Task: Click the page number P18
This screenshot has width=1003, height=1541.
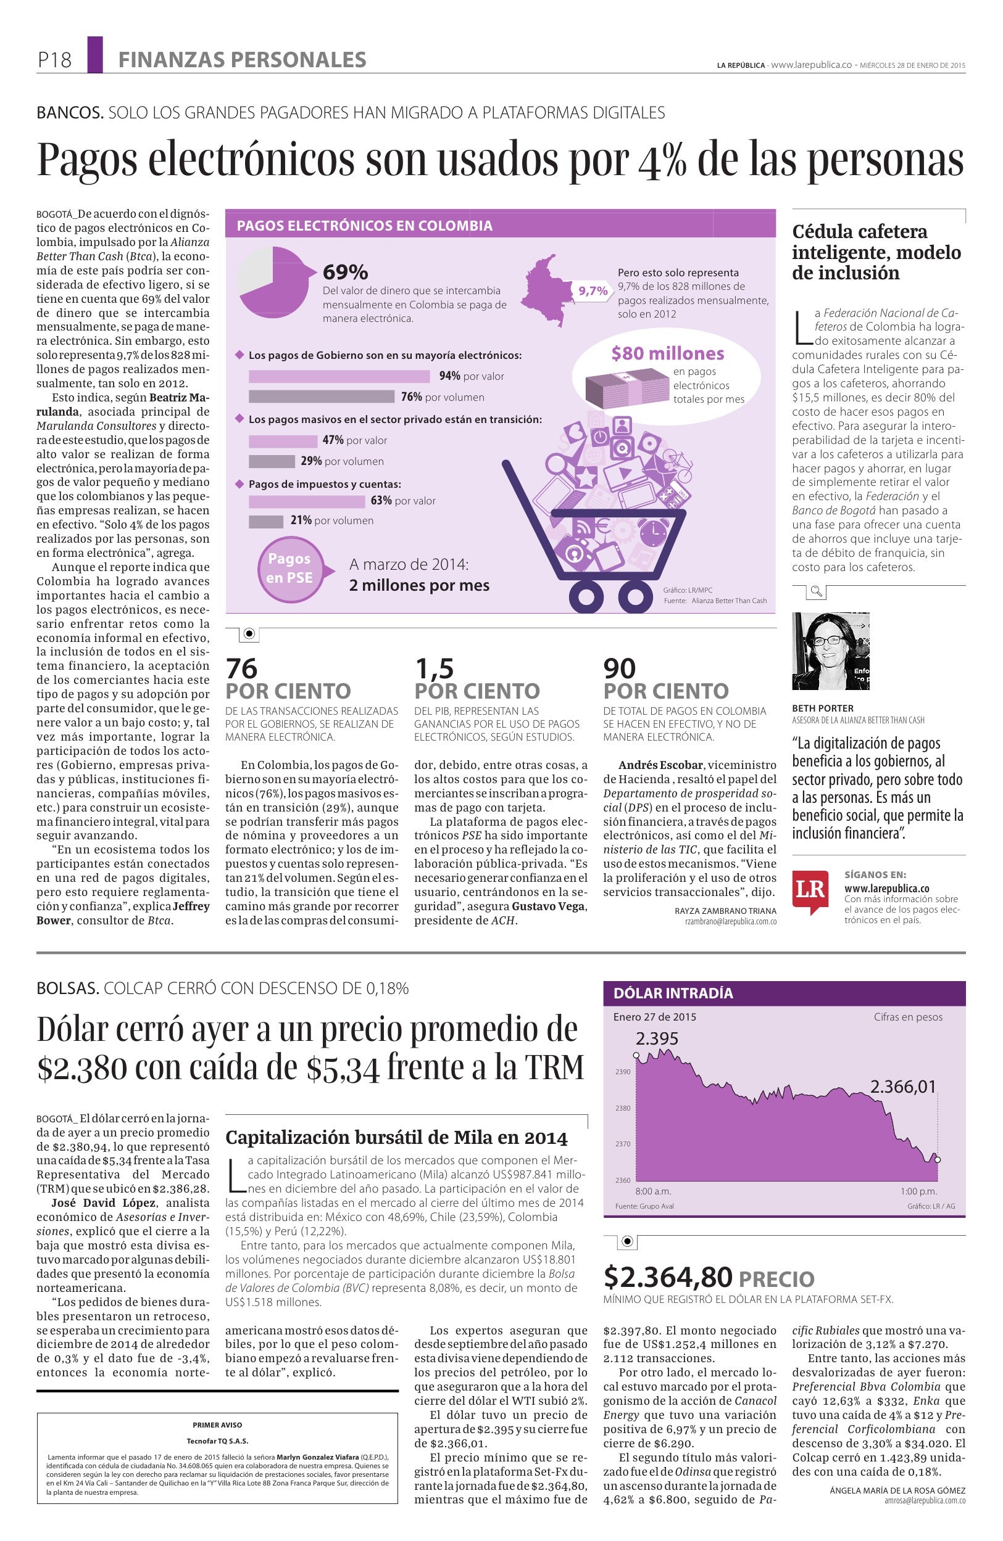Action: tap(54, 60)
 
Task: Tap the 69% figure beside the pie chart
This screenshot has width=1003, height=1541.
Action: tap(346, 272)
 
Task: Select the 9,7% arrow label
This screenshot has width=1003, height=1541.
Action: tap(592, 291)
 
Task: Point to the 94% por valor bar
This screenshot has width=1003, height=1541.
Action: tap(339, 376)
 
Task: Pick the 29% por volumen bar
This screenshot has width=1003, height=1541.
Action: tap(272, 462)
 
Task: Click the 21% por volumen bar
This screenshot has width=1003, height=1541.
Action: tap(265, 520)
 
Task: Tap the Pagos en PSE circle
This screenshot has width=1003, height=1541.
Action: tap(289, 568)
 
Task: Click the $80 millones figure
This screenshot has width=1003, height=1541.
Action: tap(667, 353)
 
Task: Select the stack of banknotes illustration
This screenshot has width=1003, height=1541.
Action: tap(625, 388)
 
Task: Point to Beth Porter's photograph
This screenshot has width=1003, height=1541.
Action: tap(830, 651)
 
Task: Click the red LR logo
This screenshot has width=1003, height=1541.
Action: tap(810, 891)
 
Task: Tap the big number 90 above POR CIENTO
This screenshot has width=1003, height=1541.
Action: tap(620, 668)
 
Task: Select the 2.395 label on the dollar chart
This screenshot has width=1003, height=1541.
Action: tap(656, 1039)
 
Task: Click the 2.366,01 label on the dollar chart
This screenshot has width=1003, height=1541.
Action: tap(902, 1087)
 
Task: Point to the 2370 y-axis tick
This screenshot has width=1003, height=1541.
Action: tap(622, 1144)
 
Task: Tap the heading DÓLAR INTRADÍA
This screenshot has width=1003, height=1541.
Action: tap(673, 993)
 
